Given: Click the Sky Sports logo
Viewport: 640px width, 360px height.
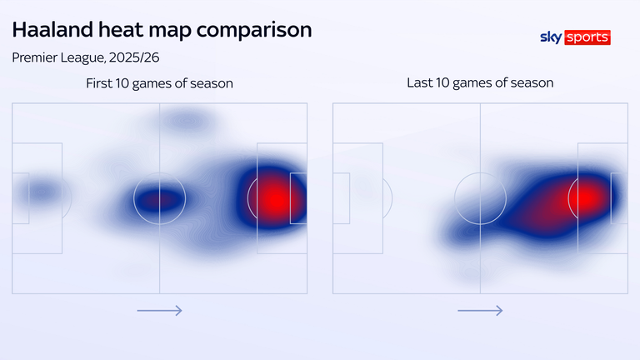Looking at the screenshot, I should [x=575, y=37].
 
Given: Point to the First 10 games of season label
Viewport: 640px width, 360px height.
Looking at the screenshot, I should [x=159, y=83].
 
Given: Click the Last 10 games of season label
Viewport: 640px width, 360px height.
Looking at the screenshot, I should [x=480, y=83].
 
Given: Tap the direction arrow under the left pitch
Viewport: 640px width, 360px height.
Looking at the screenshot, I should [x=159, y=311].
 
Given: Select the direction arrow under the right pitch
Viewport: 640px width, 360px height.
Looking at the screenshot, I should [x=480, y=311].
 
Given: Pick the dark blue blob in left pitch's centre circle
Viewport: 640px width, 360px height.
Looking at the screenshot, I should [x=158, y=199].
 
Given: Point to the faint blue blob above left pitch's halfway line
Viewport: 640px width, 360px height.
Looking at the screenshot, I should [x=186, y=122].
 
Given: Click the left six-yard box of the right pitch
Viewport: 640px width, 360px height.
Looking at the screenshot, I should [x=341, y=198].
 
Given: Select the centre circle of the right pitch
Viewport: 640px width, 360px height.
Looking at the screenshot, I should [x=480, y=198].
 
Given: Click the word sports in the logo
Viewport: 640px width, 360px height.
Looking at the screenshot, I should [x=587, y=37].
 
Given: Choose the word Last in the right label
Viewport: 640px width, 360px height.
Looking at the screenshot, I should [x=419, y=83].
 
